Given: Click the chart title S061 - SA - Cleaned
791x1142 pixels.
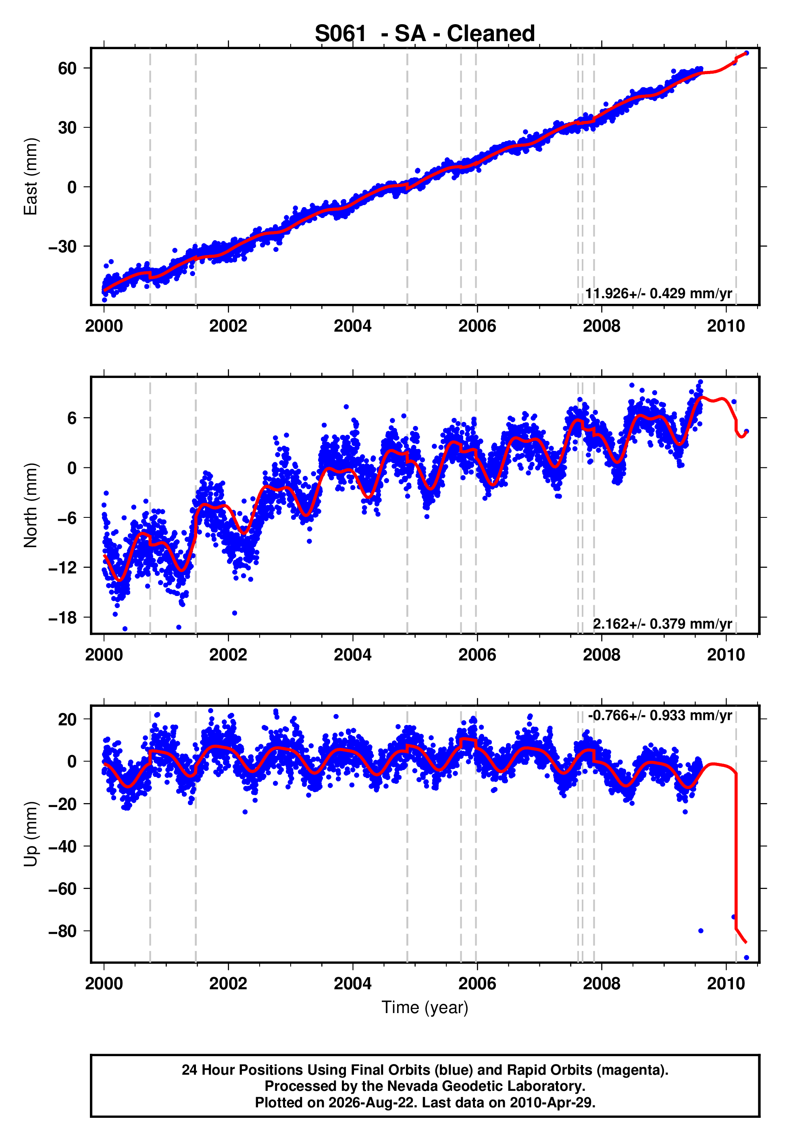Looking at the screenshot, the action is [425, 34].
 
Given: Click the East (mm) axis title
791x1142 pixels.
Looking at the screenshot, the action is [31, 176].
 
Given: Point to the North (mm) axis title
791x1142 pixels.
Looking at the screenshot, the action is [31, 505].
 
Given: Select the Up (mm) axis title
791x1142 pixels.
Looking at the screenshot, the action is [31, 834].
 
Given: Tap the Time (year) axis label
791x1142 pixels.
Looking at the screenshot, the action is [425, 1007].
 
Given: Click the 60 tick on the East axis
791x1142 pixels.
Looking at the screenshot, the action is [67, 69].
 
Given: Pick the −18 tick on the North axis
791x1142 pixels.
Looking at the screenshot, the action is [63, 618].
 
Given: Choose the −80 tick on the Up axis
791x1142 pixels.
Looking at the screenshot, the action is [63, 931].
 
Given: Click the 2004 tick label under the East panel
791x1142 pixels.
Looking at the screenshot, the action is [352, 326].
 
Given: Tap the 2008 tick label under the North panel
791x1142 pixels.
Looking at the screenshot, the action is [601, 655].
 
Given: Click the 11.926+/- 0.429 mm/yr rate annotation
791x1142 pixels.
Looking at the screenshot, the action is [658, 294].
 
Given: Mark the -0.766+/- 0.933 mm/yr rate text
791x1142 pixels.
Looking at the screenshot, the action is [660, 716].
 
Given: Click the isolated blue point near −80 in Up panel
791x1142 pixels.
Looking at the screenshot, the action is [701, 931].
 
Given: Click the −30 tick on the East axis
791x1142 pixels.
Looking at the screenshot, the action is [63, 247].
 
